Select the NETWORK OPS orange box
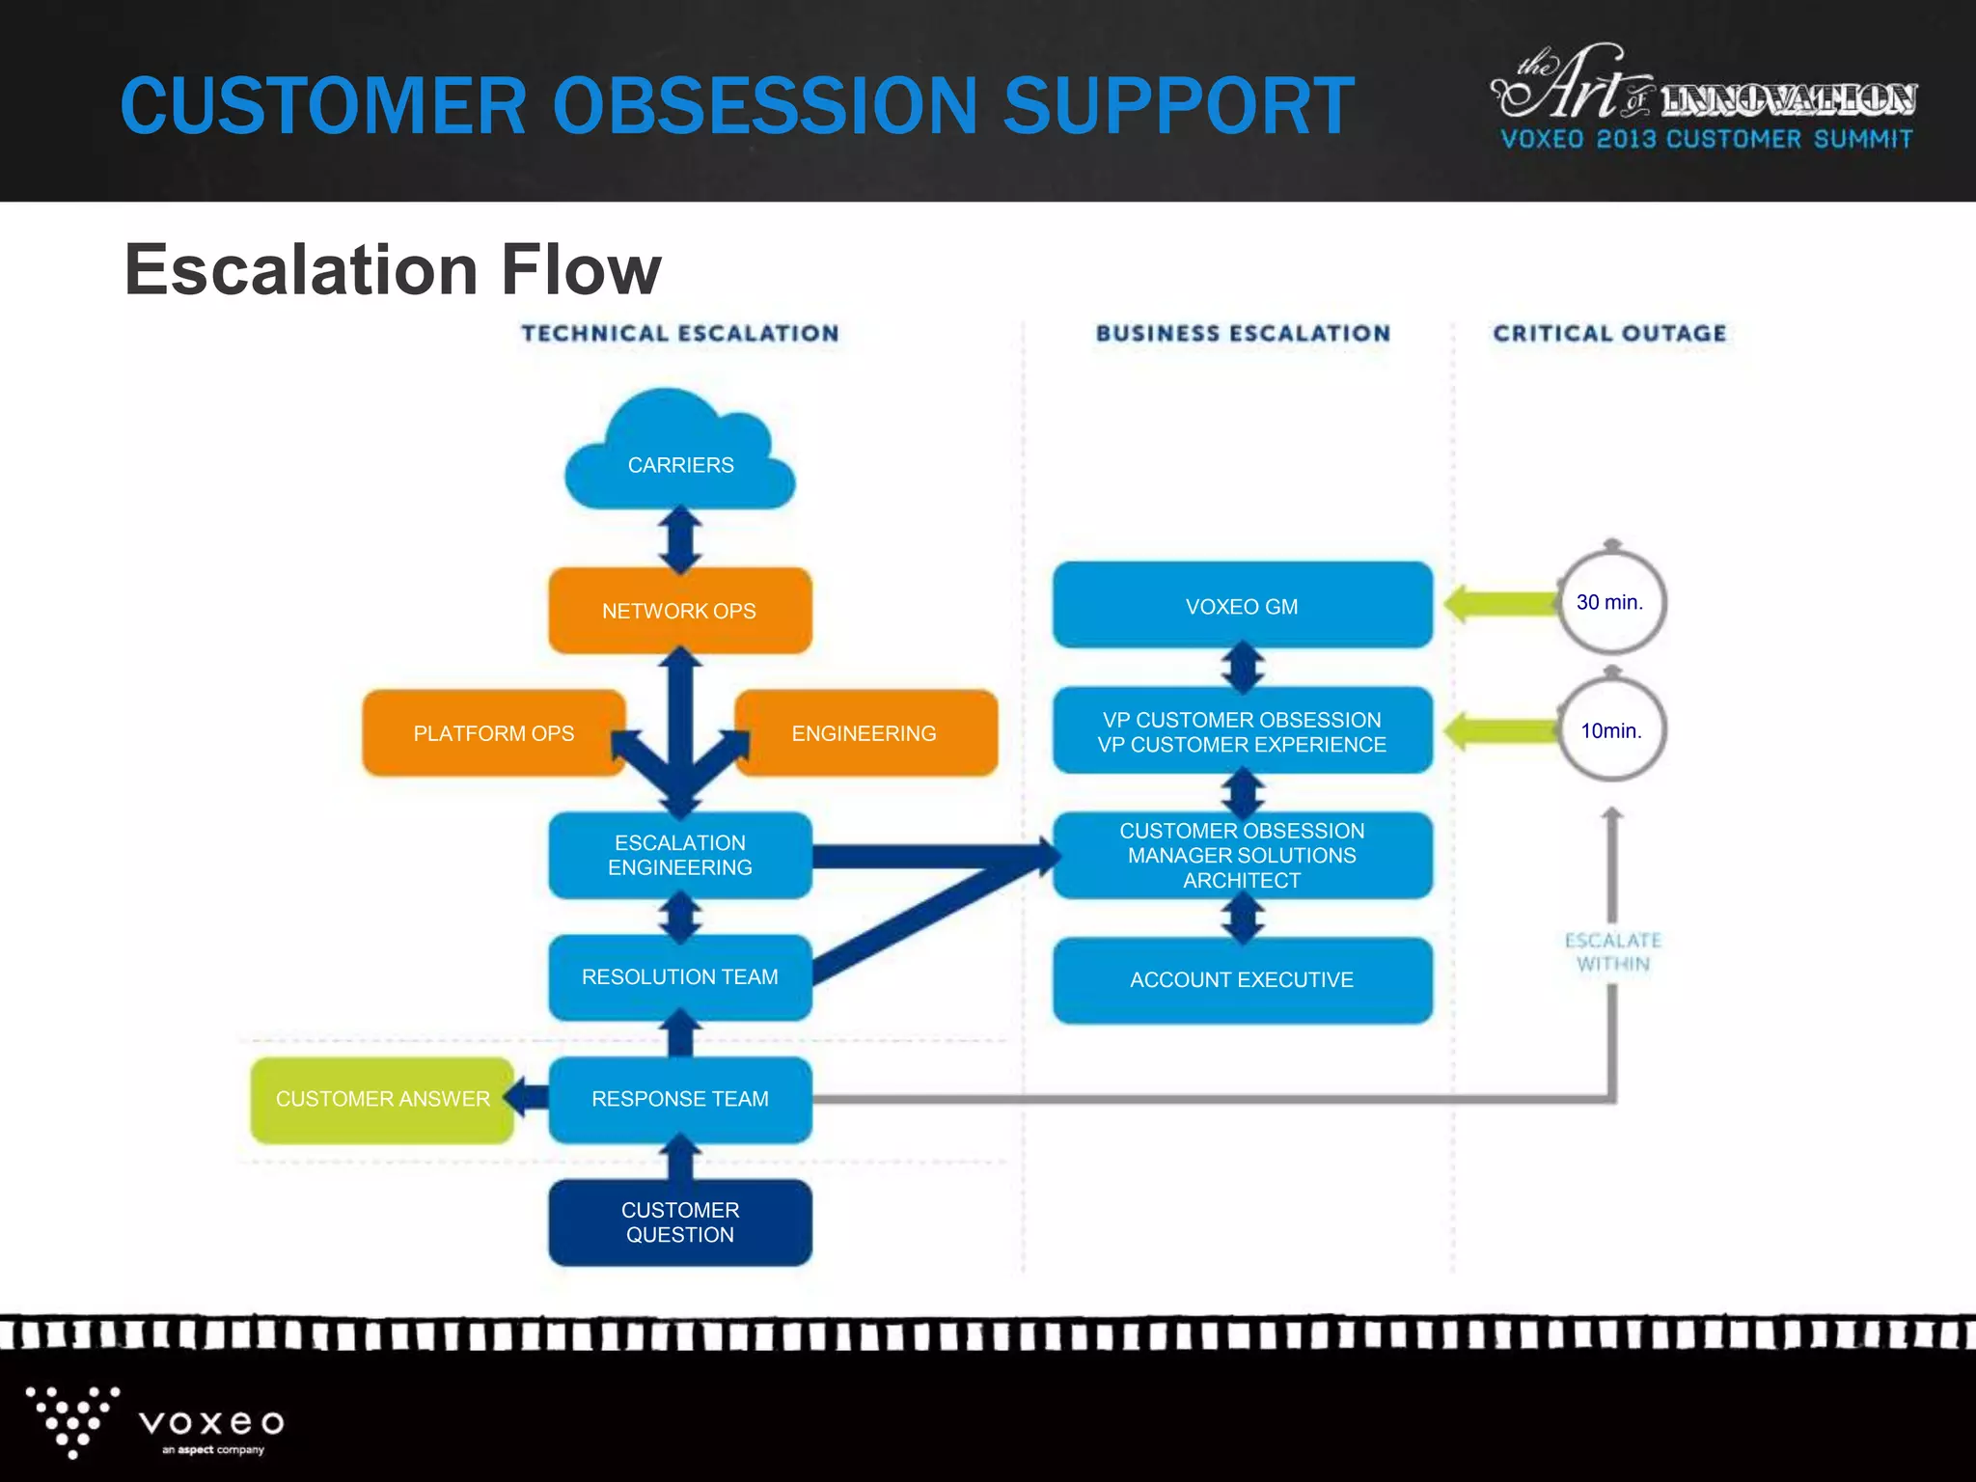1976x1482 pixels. click(x=680, y=611)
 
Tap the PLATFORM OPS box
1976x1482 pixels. click(x=493, y=733)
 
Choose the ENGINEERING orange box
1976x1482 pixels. click(x=865, y=733)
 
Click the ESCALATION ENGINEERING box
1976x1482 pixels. click(x=680, y=855)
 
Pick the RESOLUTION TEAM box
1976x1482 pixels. click(x=680, y=976)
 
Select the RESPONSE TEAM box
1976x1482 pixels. click(x=680, y=1099)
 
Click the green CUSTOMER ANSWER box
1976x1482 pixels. click(x=382, y=1099)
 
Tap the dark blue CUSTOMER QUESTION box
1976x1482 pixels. click(x=680, y=1221)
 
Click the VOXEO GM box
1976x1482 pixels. click(x=1242, y=606)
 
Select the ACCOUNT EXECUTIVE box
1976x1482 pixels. click(x=1242, y=979)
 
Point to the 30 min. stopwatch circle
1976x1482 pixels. click(x=1611, y=602)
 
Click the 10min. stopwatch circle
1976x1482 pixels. click(x=1611, y=730)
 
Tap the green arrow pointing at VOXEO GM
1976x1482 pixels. click(x=1500, y=604)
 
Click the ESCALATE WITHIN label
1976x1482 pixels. click(x=1612, y=951)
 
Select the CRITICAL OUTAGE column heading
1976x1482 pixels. click(x=1609, y=334)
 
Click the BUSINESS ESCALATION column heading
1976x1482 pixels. click(x=1243, y=334)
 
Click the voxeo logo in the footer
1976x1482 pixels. click(x=154, y=1422)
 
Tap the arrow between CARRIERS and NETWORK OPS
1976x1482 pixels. click(x=680, y=539)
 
